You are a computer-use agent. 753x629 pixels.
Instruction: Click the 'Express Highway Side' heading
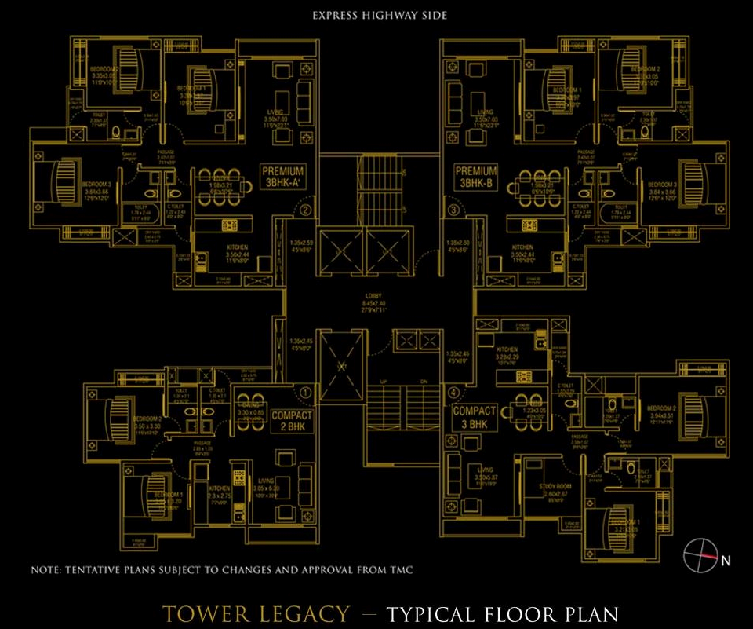coord(380,15)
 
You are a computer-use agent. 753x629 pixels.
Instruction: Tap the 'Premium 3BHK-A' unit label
coord(282,177)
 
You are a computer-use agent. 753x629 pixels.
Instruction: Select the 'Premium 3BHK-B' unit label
coord(475,177)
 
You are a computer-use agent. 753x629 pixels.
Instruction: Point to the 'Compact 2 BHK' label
coord(292,421)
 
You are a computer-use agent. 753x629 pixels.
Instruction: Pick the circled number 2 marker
coord(306,210)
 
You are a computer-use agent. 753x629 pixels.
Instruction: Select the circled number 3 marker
coord(453,210)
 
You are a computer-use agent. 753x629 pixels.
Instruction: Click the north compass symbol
coord(696,556)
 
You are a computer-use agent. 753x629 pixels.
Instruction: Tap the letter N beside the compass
coord(726,561)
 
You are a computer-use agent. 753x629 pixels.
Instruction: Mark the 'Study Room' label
coord(554,487)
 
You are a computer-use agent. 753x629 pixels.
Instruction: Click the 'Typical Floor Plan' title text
coord(502,613)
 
